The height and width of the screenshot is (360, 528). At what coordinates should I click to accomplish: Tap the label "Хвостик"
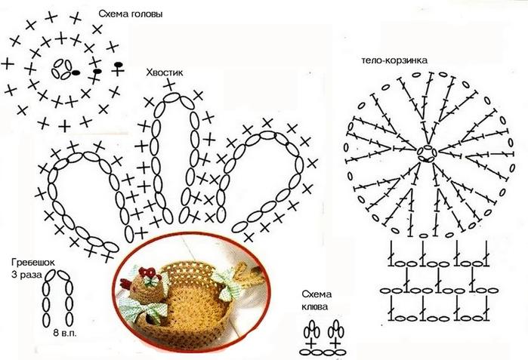coord(165,73)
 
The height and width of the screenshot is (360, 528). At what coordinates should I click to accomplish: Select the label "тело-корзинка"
coord(395,59)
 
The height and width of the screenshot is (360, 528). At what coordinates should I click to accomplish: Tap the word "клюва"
coord(313,307)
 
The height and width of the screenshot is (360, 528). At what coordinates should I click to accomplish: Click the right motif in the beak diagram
coord(336,337)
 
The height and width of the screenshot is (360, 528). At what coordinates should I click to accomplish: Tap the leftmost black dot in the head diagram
coord(76,72)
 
